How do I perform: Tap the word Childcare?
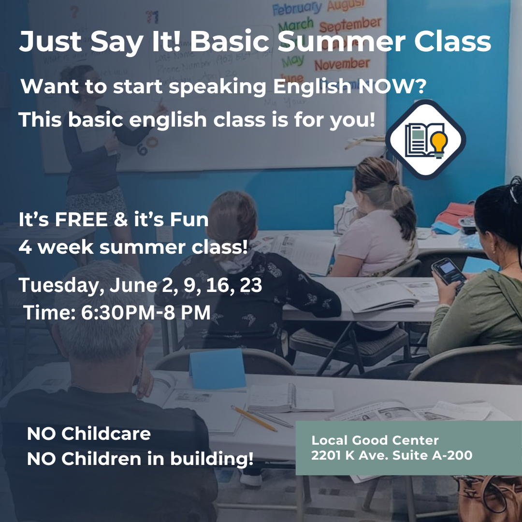click(106, 434)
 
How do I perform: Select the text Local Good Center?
click(375, 440)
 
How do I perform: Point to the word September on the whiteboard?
click(350, 24)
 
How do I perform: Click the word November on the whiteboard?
click(342, 63)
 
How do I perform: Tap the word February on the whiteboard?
click(297, 8)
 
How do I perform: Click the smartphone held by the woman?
click(448, 271)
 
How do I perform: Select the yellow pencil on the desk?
click(254, 418)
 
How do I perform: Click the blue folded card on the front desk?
click(217, 369)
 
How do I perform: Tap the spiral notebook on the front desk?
click(290, 398)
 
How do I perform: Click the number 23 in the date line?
click(250, 285)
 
